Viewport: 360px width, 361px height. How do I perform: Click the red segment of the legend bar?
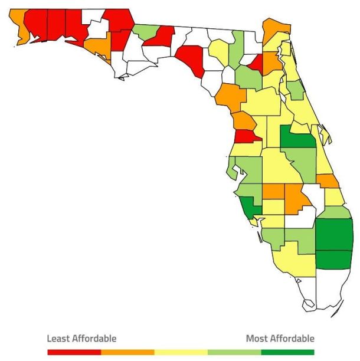tap(74, 352)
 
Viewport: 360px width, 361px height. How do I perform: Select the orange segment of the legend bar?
tap(127, 352)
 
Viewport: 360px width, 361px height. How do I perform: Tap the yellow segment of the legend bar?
tap(181, 352)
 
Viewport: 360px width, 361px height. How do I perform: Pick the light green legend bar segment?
tap(234, 352)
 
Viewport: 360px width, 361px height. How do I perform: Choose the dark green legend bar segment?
tap(288, 352)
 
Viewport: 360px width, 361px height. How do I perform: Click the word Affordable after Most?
tap(292, 339)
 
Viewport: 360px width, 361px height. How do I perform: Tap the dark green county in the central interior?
tap(297, 139)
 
